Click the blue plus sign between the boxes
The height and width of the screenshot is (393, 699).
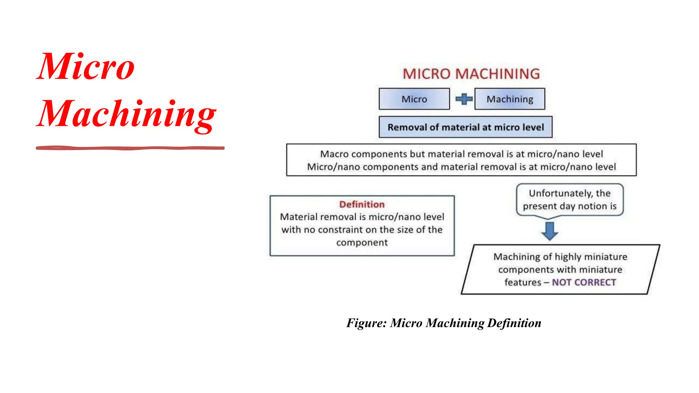464,99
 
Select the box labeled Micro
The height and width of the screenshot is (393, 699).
414,99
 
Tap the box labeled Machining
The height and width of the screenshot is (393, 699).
510,99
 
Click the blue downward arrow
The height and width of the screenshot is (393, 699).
550,231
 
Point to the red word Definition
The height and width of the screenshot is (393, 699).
362,204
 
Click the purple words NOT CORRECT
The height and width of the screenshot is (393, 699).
584,282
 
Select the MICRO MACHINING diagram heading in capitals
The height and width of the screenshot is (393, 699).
471,74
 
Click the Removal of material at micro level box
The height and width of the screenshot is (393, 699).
466,127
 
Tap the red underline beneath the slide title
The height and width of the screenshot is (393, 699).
130,148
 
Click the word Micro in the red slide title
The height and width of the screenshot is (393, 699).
86,67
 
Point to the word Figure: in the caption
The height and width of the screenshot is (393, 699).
366,323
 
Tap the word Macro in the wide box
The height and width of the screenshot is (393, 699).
334,154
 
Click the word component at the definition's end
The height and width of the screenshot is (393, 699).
362,243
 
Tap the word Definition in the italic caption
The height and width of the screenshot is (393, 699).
514,323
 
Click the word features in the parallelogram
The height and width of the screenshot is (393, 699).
523,282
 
